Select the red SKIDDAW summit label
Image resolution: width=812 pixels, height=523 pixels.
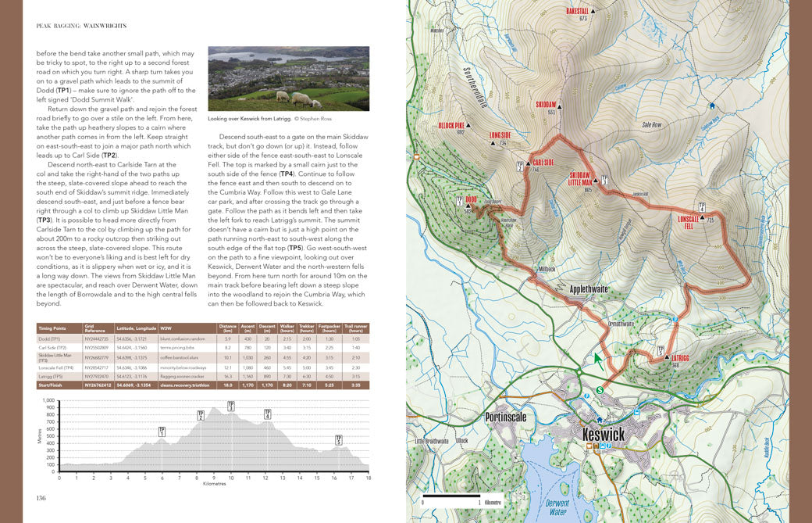(x=546, y=104)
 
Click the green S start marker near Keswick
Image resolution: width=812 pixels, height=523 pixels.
(x=600, y=389)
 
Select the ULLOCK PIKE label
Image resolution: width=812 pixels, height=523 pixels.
(x=451, y=125)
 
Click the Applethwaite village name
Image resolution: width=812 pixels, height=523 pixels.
(x=589, y=288)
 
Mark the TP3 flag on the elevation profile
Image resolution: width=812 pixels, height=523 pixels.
(x=231, y=406)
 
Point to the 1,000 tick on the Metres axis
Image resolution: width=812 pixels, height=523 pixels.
(x=52, y=399)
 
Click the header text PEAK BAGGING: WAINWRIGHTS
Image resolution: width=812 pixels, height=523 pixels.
(x=81, y=26)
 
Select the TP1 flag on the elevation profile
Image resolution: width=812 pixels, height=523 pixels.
(x=162, y=431)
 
